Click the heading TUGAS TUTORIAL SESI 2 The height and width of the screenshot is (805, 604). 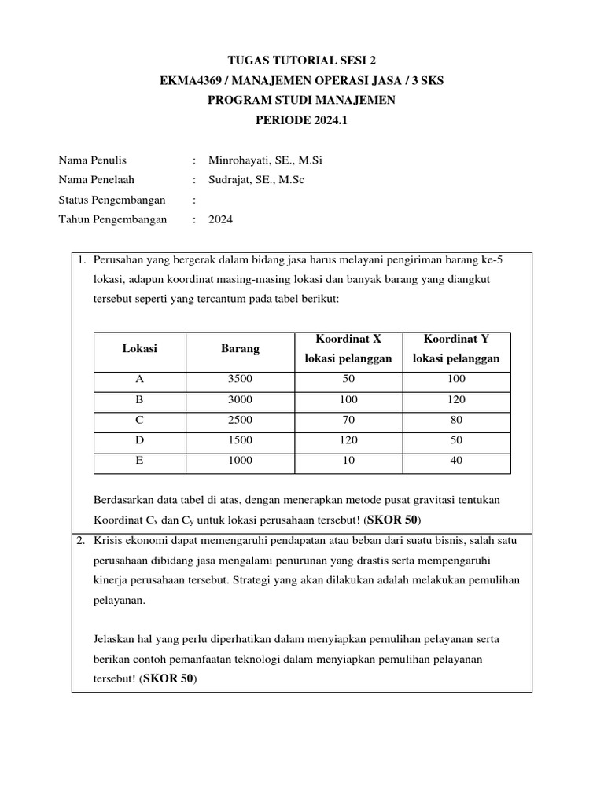[301, 60]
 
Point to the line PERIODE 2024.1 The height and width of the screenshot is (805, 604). [301, 120]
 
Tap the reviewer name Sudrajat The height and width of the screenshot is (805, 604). [231, 180]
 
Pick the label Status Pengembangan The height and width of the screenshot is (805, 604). [112, 200]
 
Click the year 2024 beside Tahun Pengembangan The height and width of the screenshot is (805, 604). [221, 220]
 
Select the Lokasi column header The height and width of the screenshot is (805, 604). [140, 348]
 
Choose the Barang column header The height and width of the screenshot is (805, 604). [240, 348]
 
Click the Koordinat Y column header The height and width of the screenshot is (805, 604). [456, 348]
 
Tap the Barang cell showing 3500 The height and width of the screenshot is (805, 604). [240, 379]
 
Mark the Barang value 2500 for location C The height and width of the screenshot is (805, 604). [240, 420]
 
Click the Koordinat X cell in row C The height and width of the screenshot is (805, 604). [348, 420]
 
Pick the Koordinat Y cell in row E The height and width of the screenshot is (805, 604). [456, 461]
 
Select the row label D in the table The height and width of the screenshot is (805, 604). [140, 440]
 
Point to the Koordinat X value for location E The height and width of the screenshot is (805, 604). [348, 461]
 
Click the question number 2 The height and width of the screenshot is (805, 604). [81, 541]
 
